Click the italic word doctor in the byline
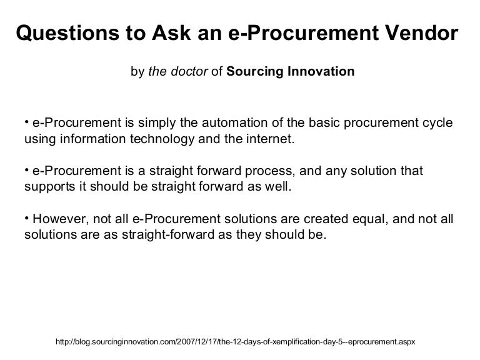point(191,71)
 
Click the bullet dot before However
point(27,218)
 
